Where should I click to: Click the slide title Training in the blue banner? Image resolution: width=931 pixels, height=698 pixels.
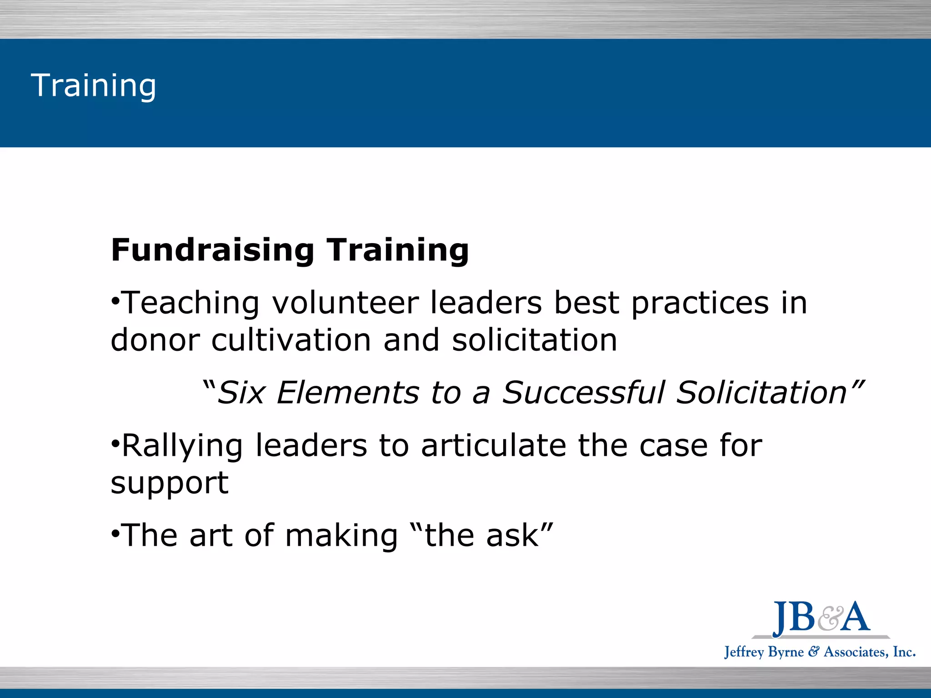[x=93, y=85]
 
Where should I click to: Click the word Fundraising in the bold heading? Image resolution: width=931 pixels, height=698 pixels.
[x=212, y=250]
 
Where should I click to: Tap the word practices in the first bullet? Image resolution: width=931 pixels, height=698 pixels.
[x=700, y=304]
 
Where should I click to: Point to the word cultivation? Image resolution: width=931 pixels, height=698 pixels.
[x=291, y=340]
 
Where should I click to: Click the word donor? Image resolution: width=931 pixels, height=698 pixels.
[x=155, y=340]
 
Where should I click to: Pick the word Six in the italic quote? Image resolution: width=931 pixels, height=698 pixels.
[x=241, y=393]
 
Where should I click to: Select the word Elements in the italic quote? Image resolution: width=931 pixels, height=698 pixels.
[x=348, y=393]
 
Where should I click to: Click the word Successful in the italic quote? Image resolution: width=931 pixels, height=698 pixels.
[x=583, y=393]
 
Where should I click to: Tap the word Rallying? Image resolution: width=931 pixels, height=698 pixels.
[x=182, y=446]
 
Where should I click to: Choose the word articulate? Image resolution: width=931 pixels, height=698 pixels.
[x=494, y=445]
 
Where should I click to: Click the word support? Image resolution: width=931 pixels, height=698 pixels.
[x=170, y=484]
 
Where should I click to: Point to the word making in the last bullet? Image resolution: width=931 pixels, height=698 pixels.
[x=341, y=536]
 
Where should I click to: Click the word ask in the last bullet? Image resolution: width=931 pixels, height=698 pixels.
[x=512, y=535]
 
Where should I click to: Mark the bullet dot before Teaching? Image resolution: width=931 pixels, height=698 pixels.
[x=115, y=301]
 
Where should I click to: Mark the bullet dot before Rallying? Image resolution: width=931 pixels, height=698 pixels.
[x=115, y=444]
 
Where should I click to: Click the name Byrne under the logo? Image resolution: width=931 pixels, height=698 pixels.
[x=786, y=653]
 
